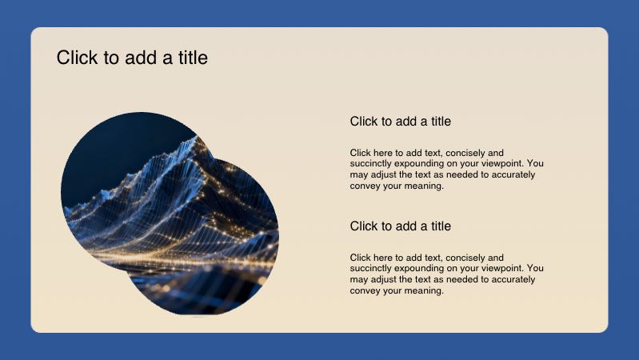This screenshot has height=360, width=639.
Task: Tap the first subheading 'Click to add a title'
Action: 400,122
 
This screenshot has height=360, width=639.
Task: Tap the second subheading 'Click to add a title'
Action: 400,226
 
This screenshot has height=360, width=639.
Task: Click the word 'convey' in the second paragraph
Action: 364,291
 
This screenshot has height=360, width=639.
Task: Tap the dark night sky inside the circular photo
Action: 112,148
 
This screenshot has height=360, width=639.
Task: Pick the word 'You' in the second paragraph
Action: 536,269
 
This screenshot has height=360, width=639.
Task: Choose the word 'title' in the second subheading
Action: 437,226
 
